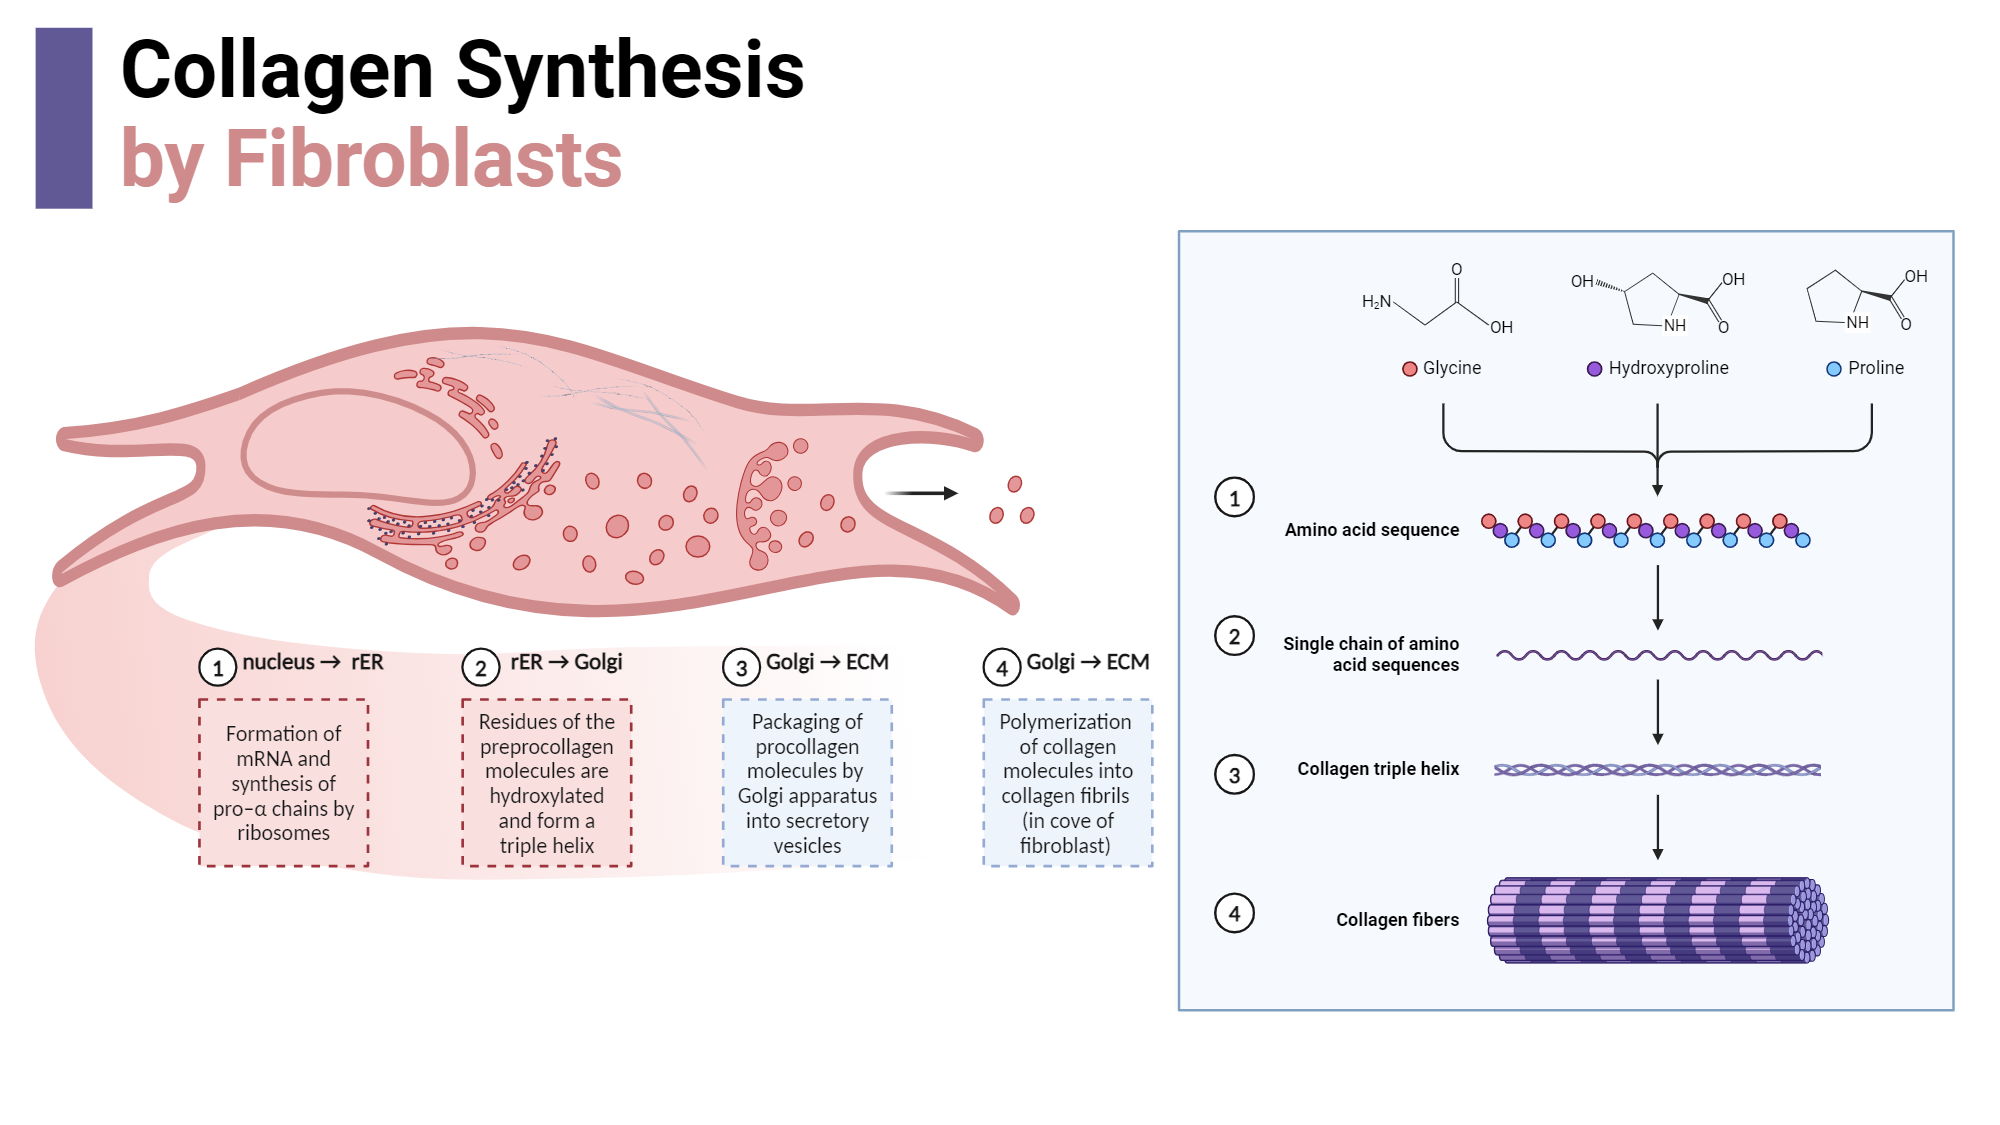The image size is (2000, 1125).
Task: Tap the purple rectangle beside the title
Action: (x=64, y=118)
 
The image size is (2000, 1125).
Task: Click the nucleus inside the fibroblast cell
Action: (x=357, y=446)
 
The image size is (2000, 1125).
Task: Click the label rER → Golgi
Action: (x=566, y=662)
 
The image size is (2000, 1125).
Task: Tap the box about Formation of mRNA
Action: (x=283, y=783)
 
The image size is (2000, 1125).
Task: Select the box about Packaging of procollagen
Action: (x=807, y=783)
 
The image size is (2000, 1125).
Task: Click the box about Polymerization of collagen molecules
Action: (x=1067, y=783)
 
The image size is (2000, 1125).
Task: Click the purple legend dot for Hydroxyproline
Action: (x=1594, y=369)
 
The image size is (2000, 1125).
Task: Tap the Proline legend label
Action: (x=1875, y=368)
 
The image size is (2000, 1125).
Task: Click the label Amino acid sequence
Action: (x=1371, y=530)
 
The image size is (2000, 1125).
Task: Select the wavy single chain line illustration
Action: (x=1658, y=656)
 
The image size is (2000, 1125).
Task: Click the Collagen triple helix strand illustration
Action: (x=1657, y=770)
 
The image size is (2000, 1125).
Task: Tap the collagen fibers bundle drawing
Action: (x=1657, y=920)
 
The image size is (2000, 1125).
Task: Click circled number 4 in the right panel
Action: (x=1234, y=913)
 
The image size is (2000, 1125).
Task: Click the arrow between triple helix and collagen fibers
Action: (x=1657, y=827)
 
